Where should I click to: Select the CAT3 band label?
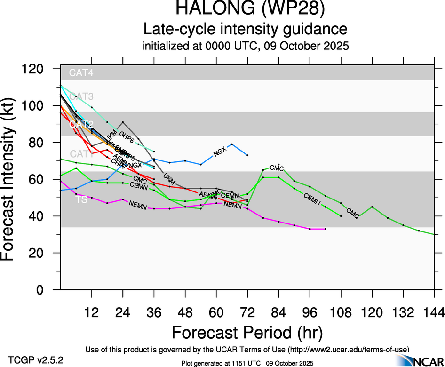coord(81,96)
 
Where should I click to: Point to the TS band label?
coord(81,200)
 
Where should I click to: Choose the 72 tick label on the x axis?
coord(247,312)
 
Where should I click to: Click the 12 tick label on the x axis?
coord(92,312)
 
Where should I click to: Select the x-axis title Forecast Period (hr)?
coord(247,332)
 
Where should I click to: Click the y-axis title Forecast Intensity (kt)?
coord(13,179)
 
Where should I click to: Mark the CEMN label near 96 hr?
coord(312,199)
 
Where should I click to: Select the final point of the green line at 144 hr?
coord(434,234)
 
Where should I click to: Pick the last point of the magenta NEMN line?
coord(325,229)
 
